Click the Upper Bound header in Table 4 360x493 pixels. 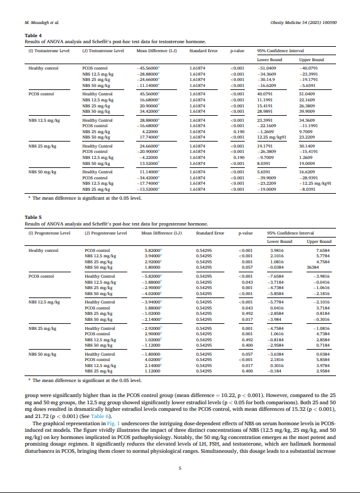(x=311, y=60)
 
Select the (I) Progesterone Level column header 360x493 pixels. (x=49, y=232)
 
